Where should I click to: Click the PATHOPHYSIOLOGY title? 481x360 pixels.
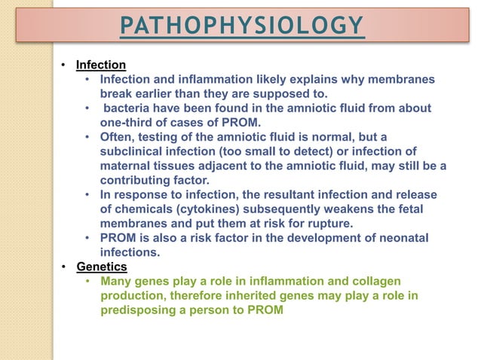(241, 27)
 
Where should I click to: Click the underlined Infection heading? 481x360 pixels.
(101, 65)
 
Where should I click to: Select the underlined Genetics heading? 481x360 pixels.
(102, 267)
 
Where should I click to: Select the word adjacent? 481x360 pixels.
(234, 166)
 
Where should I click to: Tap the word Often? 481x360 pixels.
(118, 137)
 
